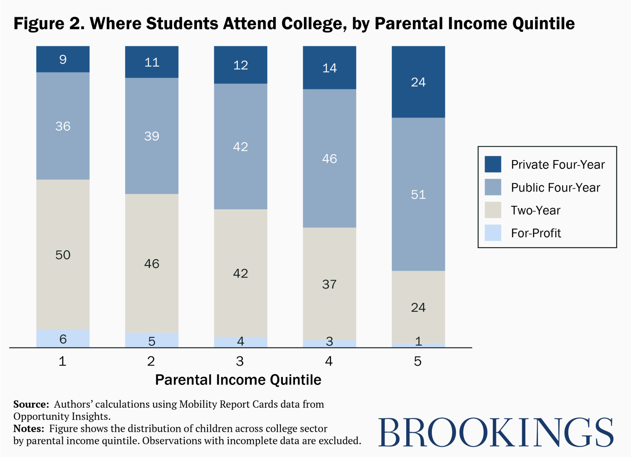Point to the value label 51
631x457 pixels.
coord(418,195)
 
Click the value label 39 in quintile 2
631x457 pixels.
coord(152,136)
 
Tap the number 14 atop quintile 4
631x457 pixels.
coord(329,68)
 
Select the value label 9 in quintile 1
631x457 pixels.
coord(63,59)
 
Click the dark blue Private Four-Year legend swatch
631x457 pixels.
coord(493,164)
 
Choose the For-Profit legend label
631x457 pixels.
coord(536,233)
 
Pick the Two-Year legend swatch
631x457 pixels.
coord(493,210)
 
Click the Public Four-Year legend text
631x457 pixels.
coord(555,187)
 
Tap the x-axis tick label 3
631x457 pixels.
coord(240,361)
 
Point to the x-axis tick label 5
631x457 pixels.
coord(418,361)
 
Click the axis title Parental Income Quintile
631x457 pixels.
coord(238,380)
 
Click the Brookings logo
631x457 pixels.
coord(496,432)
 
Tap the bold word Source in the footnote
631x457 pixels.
coord(31,404)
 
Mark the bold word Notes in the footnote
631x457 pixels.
coord(28,429)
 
